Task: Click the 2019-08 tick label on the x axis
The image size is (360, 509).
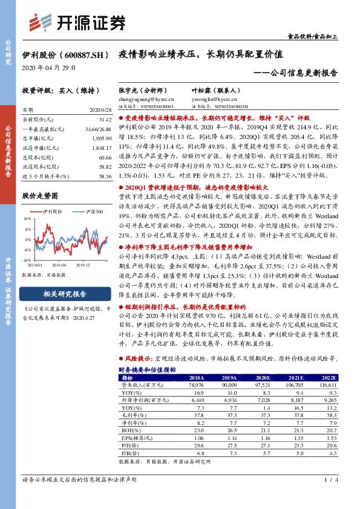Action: (59, 265)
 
